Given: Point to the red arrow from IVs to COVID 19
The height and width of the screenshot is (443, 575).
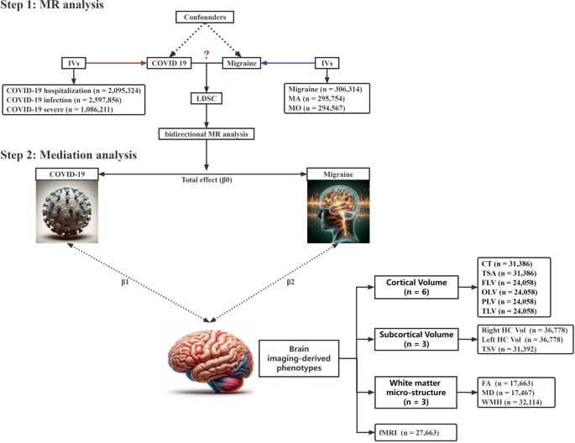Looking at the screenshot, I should [x=114, y=62].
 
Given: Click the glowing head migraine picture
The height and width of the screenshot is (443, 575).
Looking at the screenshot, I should [x=343, y=215].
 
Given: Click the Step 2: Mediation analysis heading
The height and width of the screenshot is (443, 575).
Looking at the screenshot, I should [x=69, y=155].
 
